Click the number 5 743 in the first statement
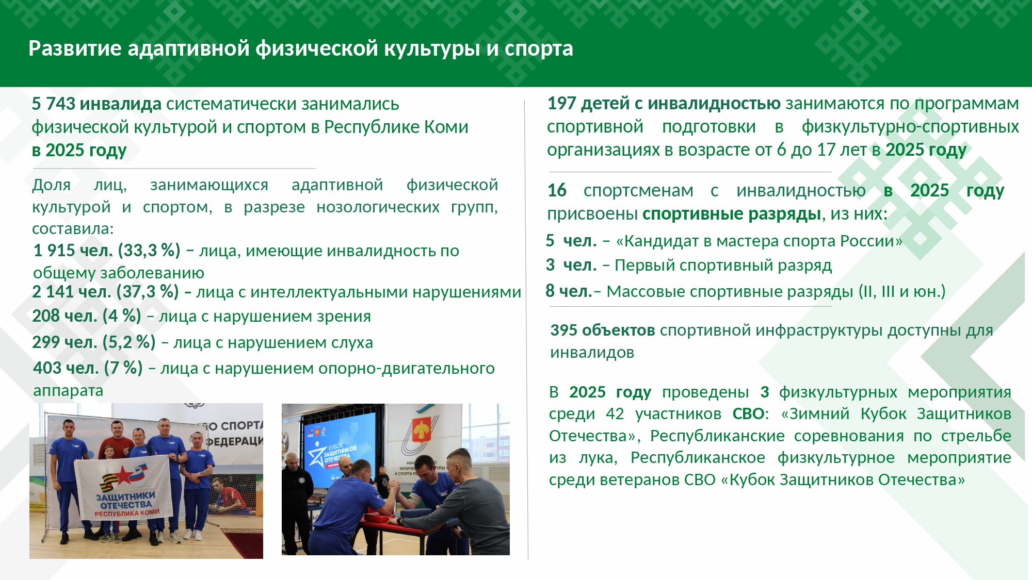54,104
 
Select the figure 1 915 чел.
73,251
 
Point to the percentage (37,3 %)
148,292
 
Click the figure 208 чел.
64,316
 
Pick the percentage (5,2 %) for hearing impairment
129,342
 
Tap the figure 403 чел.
66,368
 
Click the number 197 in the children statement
561,104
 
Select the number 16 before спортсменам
557,190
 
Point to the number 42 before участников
615,413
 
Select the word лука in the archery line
598,458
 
